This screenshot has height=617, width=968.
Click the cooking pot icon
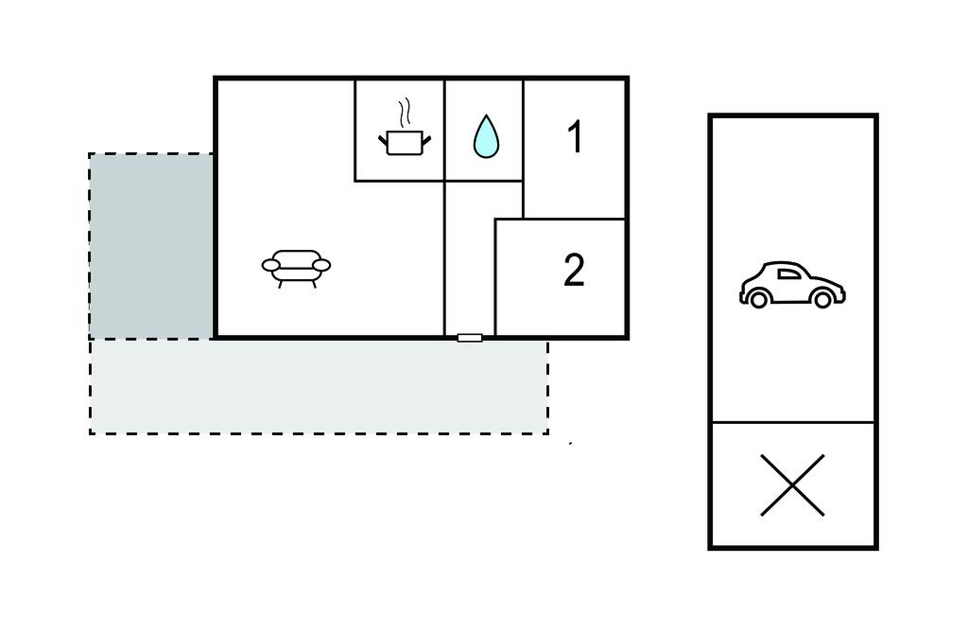click(404, 143)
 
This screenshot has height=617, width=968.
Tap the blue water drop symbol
click(485, 137)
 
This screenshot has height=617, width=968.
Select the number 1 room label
click(575, 138)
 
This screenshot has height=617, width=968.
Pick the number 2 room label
click(574, 271)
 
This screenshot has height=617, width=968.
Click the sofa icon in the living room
click(296, 267)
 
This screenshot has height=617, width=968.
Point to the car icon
click(792, 285)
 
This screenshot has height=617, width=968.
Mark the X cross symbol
click(792, 485)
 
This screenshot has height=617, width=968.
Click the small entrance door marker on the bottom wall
click(470, 337)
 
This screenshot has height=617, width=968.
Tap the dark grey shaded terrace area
click(151, 245)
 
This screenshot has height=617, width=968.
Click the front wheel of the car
click(822, 299)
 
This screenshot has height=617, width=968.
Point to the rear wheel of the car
click(756, 299)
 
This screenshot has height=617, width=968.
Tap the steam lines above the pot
click(406, 114)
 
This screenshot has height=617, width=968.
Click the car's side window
click(787, 274)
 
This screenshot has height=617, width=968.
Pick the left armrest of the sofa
click(270, 266)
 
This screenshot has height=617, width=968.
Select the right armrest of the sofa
click(322, 266)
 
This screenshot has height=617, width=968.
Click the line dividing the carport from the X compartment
click(792, 422)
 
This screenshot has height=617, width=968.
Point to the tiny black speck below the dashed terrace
click(570, 443)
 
